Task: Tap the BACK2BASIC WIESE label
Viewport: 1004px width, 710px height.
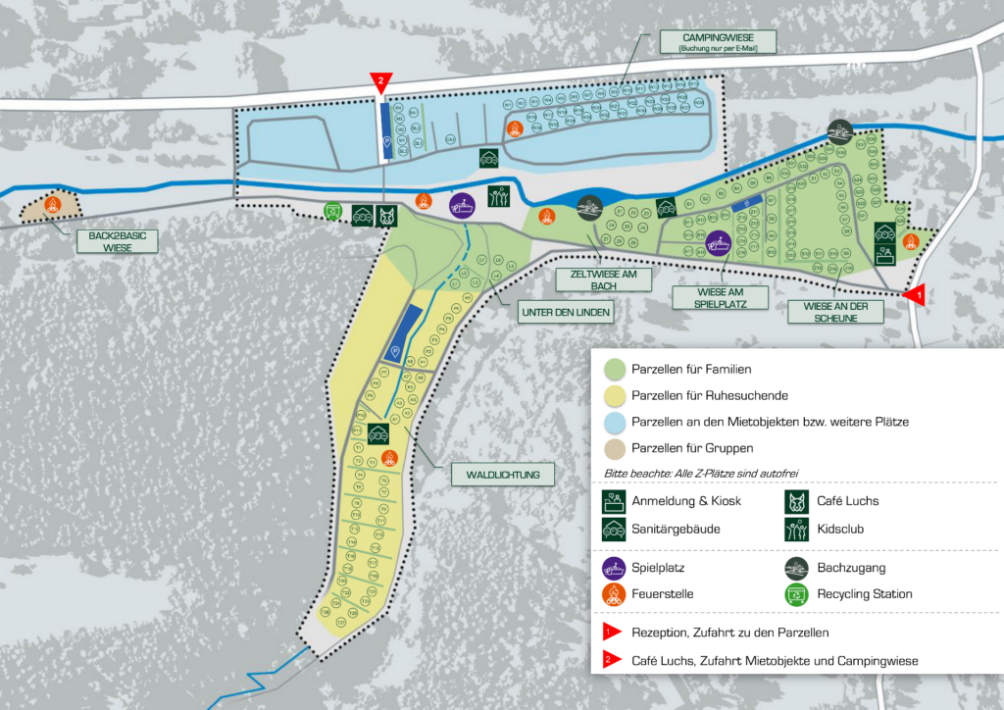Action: [104, 241]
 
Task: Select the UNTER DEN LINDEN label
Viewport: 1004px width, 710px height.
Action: [565, 313]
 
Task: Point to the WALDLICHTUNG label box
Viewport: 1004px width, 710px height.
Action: [503, 476]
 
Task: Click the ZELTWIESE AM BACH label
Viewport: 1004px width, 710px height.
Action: [603, 279]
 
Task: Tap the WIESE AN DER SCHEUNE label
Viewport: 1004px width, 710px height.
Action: [835, 311]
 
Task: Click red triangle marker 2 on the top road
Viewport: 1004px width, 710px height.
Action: [379, 82]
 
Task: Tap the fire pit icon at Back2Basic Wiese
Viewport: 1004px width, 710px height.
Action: [53, 204]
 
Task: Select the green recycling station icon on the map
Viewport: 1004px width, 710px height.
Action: [333, 211]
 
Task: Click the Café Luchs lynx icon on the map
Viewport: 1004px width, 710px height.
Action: [389, 216]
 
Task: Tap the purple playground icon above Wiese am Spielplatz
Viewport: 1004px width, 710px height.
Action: [718, 242]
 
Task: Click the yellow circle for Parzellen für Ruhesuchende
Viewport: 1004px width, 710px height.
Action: [614, 395]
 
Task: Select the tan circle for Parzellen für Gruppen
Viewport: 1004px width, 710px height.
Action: [614, 448]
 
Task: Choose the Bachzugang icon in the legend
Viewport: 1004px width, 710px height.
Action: [799, 568]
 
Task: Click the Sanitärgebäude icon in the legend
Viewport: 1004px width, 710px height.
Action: [614, 529]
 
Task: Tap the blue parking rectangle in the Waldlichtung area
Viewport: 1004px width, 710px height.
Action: [404, 334]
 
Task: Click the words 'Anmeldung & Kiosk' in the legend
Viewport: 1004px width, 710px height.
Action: [686, 501]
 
